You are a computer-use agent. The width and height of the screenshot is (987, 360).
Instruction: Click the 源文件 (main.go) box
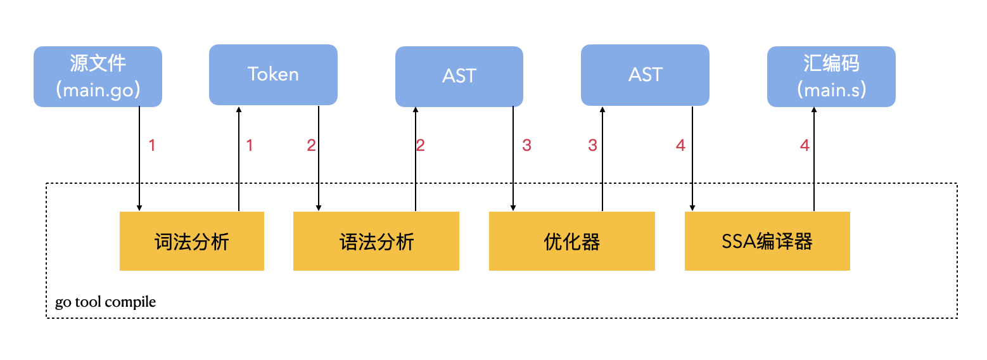click(x=98, y=76)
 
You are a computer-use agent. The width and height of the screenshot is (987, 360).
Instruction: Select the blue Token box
click(x=273, y=74)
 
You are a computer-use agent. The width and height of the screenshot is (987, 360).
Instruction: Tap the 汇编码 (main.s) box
click(x=831, y=76)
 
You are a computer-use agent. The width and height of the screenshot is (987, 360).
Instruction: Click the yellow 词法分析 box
click(x=191, y=241)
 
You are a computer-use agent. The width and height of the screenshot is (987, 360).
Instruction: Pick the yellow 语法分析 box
click(x=376, y=241)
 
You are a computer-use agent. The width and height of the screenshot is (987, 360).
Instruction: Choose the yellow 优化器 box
click(x=571, y=241)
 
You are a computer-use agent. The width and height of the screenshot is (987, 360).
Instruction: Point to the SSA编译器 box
click(x=767, y=241)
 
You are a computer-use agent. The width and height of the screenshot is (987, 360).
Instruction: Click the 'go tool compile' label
click(x=105, y=302)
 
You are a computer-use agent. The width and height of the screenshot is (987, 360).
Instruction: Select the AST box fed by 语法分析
click(x=459, y=76)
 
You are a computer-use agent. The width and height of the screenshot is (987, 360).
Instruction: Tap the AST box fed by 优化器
click(x=645, y=75)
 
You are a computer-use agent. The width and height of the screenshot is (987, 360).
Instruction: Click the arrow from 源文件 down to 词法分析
click(x=139, y=158)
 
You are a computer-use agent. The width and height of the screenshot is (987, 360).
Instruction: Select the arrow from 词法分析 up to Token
click(x=239, y=158)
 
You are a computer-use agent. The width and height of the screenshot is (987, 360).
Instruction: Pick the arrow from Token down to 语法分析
click(x=319, y=158)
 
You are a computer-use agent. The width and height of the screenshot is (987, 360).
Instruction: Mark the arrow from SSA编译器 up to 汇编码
click(x=814, y=158)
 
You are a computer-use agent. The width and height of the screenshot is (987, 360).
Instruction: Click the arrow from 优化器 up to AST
click(x=602, y=158)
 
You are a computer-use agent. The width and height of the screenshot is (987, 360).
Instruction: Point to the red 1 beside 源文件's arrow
click(x=152, y=146)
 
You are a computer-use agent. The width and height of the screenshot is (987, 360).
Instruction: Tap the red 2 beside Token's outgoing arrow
click(x=311, y=146)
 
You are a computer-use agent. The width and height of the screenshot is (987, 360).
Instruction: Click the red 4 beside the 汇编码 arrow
click(x=805, y=146)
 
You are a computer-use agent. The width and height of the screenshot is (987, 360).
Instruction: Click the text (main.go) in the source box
click(x=98, y=90)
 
